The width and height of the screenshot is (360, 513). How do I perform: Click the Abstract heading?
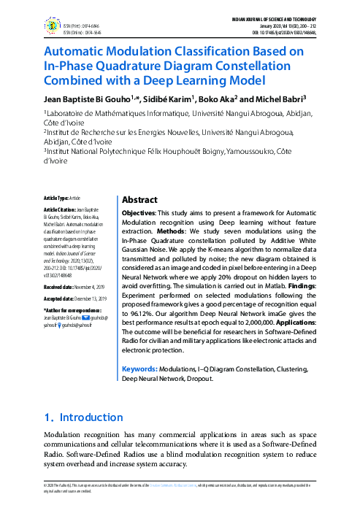pyautogui.click(x=139, y=199)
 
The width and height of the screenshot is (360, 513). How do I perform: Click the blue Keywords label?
pyautogui.click(x=139, y=369)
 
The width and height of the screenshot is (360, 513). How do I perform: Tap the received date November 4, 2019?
pyautogui.click(x=90, y=288)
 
